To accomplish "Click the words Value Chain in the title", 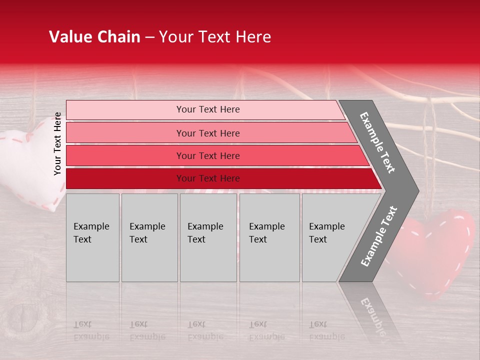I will (94, 37).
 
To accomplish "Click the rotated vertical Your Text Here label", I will (57, 143).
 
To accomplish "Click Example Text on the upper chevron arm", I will (377, 142).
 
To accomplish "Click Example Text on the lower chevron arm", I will (379, 236).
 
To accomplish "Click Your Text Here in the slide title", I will (215, 37).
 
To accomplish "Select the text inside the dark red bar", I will (208, 178).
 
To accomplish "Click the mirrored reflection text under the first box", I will (91, 330).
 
